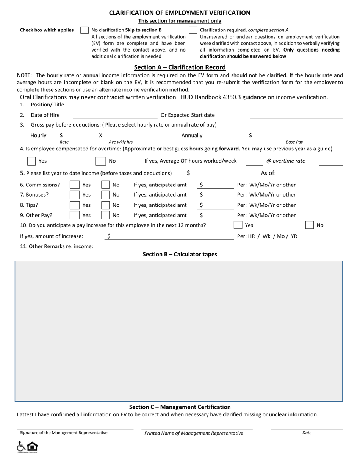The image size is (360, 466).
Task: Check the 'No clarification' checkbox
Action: coord(85,30)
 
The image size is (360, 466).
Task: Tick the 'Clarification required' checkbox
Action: coord(193,30)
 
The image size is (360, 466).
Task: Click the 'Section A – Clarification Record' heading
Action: coord(180,67)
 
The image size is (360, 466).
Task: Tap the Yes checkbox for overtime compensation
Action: coord(32,161)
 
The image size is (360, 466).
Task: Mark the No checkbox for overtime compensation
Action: coord(100,161)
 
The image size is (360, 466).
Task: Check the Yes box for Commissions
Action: coord(75,185)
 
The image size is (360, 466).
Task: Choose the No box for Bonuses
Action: coord(105,195)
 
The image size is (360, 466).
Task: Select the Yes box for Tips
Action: coord(75,205)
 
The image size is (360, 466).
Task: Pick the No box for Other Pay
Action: coord(105,216)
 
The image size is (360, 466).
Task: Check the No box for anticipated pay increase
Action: coord(310,225)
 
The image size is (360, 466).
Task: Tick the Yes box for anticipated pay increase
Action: coord(238,225)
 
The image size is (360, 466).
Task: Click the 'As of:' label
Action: coord(268,174)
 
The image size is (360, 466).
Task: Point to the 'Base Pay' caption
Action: coord(294,142)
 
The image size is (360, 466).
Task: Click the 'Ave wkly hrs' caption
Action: coord(121,142)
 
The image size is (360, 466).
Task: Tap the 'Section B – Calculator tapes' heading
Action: coord(180,255)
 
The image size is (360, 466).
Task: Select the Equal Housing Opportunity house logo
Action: coord(32,446)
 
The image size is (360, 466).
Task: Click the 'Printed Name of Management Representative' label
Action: coord(194,433)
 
